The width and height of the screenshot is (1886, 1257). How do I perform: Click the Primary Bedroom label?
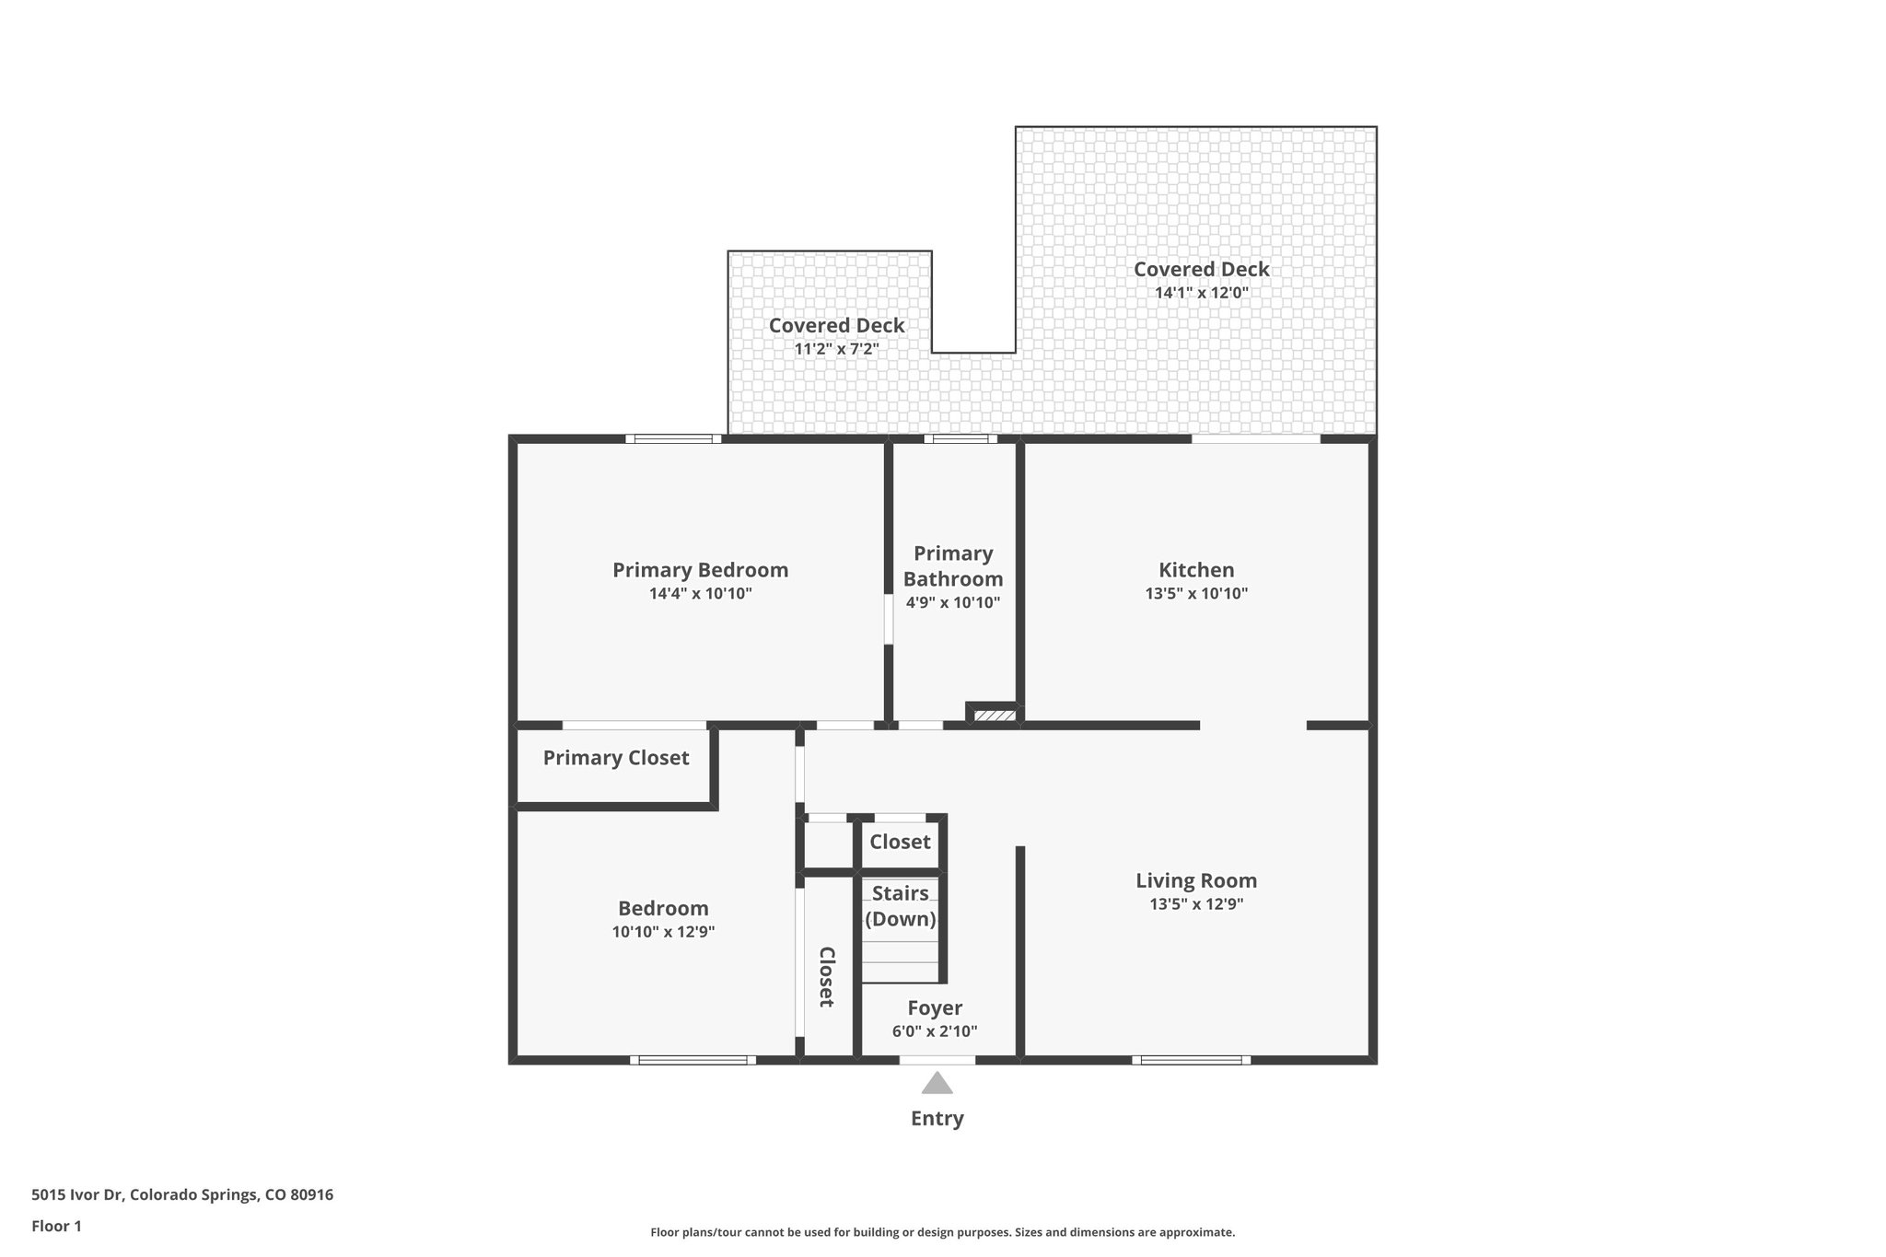pos(700,570)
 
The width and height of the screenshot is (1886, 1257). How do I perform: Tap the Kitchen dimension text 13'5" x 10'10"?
pos(1196,594)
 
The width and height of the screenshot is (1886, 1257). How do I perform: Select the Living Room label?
pos(1196,880)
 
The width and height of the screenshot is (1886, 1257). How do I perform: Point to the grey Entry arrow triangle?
pos(937,1084)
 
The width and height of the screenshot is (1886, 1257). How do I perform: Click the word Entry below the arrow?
pos(937,1119)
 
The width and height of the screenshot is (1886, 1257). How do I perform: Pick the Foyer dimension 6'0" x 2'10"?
pos(935,1031)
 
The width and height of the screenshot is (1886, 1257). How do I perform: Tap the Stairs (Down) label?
pos(900,906)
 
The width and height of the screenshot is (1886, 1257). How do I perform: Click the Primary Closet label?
pos(615,758)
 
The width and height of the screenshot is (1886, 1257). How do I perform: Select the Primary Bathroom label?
pos(953,566)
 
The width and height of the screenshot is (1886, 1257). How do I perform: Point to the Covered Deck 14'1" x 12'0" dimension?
pos(1201,294)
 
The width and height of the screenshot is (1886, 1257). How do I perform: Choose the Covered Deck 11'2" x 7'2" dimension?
pos(836,350)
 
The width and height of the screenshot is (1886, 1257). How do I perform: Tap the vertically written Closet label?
pos(826,976)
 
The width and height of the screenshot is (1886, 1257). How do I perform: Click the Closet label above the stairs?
pos(900,842)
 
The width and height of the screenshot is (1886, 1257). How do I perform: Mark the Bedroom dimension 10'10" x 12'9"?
pos(663,932)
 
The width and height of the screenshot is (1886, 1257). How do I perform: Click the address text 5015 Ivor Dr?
pos(182,1195)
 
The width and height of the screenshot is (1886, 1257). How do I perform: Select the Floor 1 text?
pos(56,1227)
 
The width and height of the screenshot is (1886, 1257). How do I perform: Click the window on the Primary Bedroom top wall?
pos(673,439)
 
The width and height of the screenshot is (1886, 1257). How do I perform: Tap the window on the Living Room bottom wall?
pos(1191,1060)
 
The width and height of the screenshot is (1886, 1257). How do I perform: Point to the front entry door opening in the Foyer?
pos(937,1060)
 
